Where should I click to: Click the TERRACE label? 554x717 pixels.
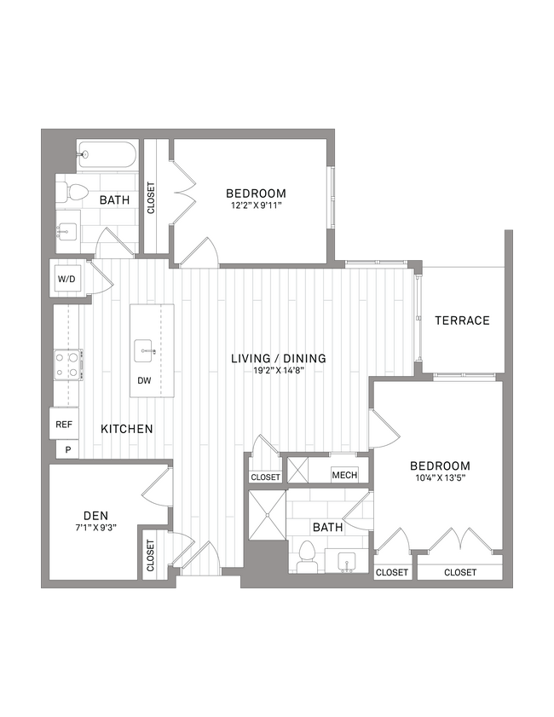(462, 321)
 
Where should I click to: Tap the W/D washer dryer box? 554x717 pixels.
(67, 280)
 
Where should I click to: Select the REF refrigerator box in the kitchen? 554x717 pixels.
(64, 424)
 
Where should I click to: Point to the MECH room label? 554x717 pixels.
(344, 476)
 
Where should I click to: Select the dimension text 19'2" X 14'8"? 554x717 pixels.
(279, 371)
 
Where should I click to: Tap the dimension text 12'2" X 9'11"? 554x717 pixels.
(256, 205)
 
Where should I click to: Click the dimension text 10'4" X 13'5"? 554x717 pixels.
(440, 478)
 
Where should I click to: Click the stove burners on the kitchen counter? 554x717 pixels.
(67, 365)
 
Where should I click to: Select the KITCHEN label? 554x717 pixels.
(128, 429)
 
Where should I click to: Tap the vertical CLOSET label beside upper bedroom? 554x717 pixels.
(152, 199)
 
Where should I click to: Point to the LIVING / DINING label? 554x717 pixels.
(279, 358)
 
